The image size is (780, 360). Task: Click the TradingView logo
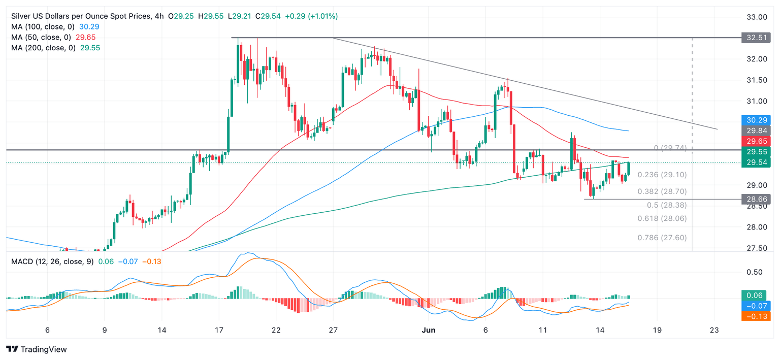click(x=36, y=349)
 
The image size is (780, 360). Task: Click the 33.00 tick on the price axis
click(x=757, y=17)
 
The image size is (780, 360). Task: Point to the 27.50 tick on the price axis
click(x=757, y=248)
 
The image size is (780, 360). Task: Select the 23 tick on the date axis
click(x=715, y=330)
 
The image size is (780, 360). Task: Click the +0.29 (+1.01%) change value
click(x=311, y=16)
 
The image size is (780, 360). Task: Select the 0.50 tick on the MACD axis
click(x=757, y=272)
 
